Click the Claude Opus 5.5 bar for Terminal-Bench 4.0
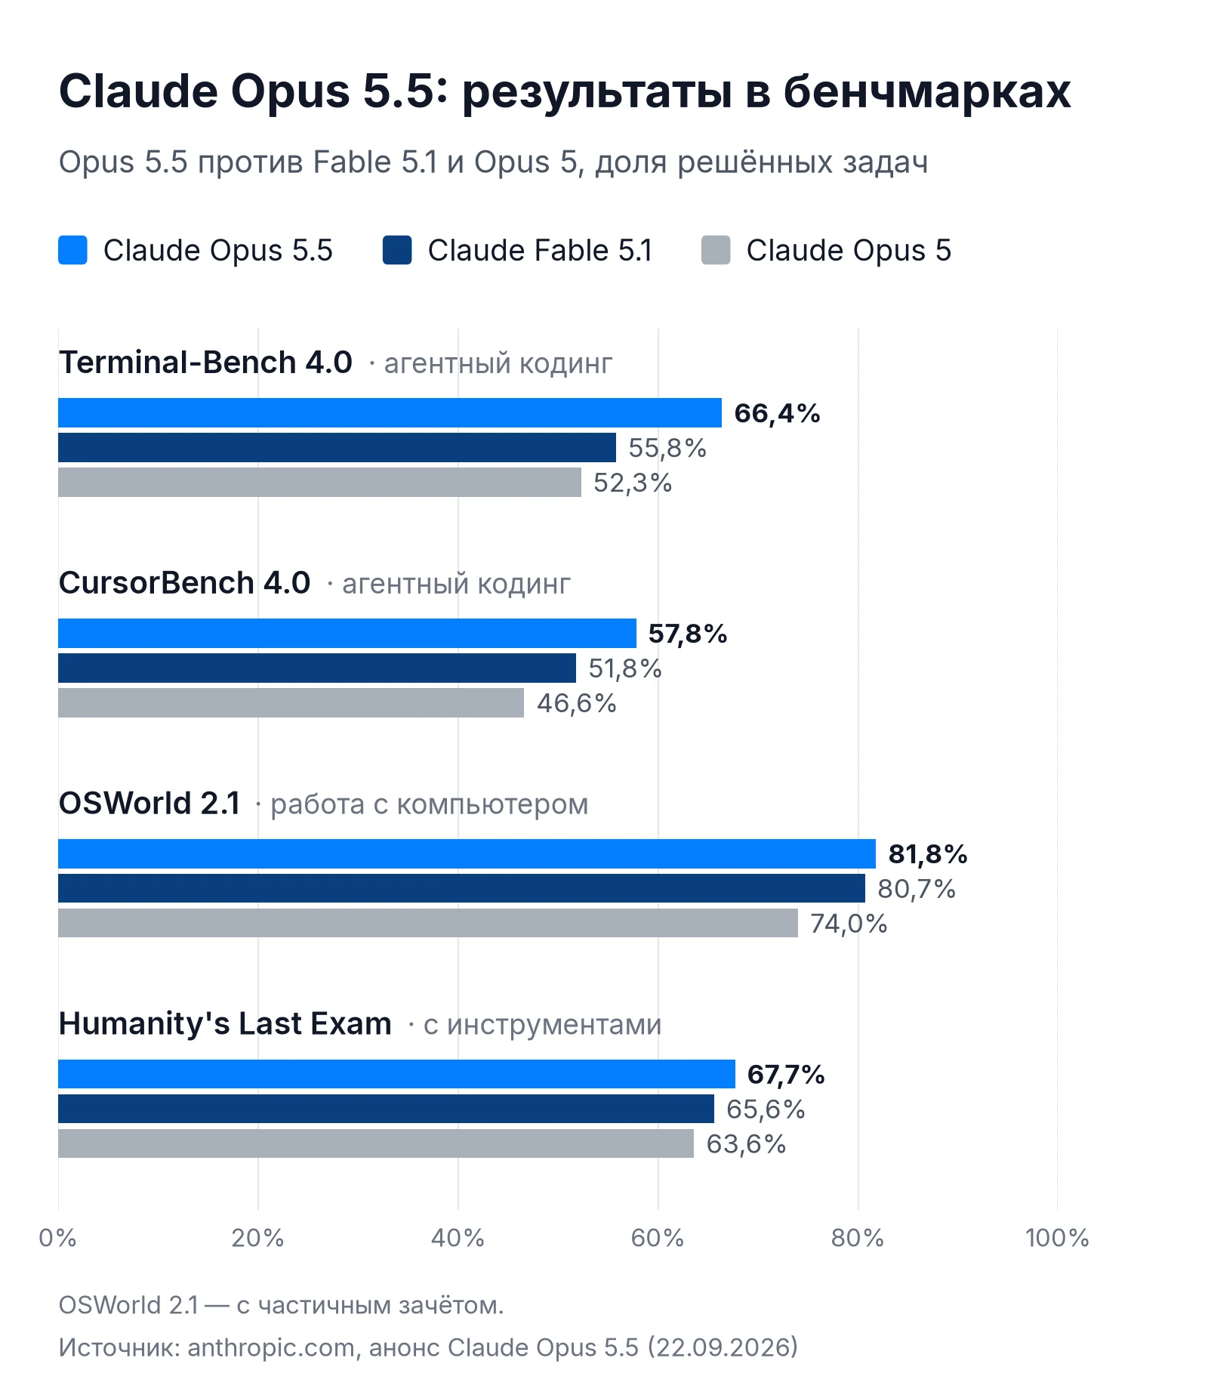point(390,412)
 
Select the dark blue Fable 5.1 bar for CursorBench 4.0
point(317,668)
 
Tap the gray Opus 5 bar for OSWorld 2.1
point(428,923)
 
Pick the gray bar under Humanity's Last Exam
point(376,1143)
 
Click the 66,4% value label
point(777,413)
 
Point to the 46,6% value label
point(576,703)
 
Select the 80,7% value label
point(917,889)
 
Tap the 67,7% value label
point(786,1074)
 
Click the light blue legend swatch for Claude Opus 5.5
point(72,250)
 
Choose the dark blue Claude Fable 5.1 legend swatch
point(397,250)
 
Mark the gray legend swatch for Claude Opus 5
point(716,250)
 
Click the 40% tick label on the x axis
point(458,1238)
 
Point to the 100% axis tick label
point(1057,1238)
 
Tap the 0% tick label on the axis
point(58,1238)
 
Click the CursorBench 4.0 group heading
point(184,582)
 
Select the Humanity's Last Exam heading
point(225,1023)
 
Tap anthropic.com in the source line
point(271,1347)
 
